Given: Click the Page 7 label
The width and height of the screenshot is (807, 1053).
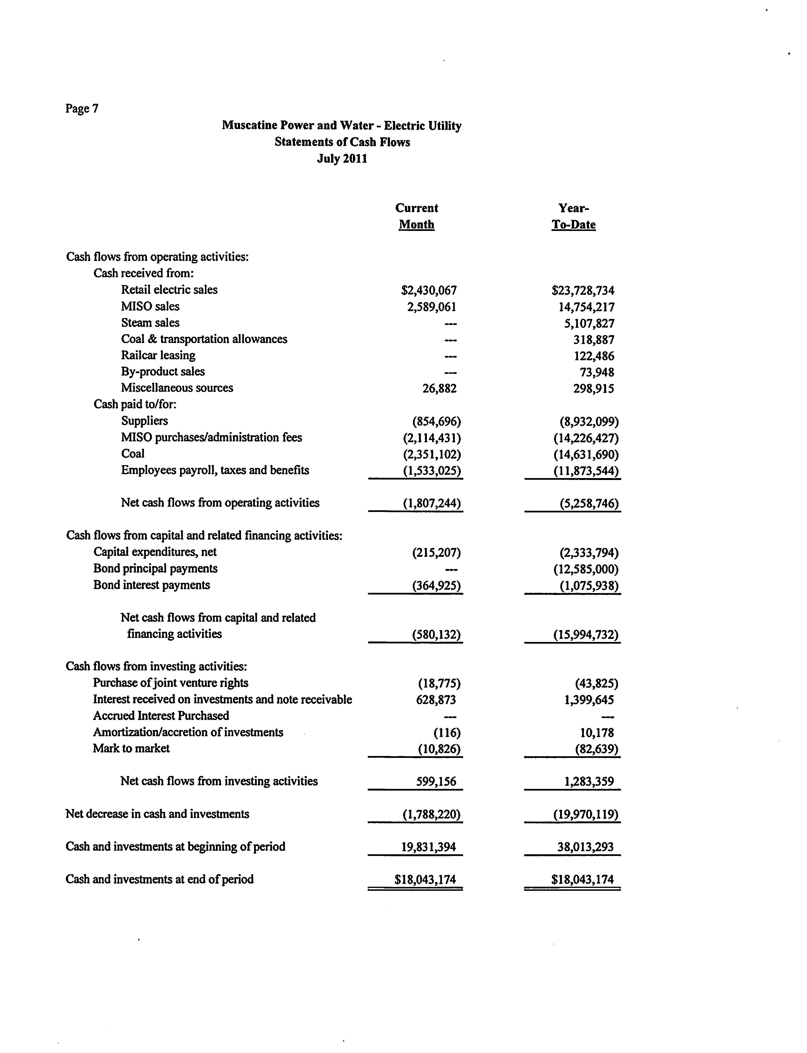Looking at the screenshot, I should [82, 109].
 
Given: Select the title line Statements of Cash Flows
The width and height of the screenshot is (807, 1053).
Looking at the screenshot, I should [342, 142].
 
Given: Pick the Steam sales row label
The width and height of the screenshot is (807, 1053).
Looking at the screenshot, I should [150, 323].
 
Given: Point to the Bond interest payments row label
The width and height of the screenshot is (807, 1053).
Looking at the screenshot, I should [152, 585].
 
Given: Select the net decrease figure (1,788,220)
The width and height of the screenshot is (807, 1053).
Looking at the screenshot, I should [431, 814].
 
